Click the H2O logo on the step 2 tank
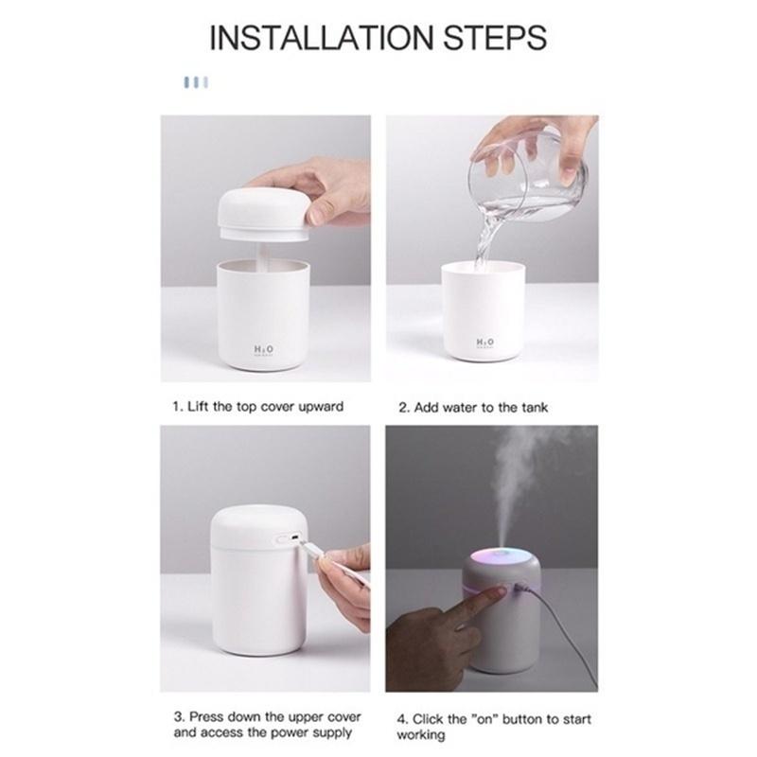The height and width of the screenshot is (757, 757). pos(484,343)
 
